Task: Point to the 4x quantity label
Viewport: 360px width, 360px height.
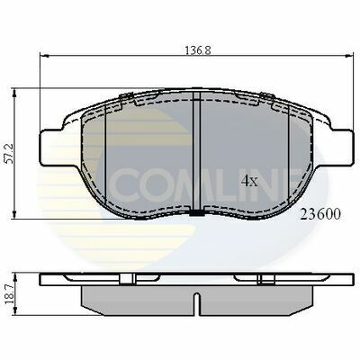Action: click(x=249, y=180)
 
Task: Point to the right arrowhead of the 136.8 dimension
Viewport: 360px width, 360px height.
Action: click(x=346, y=59)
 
